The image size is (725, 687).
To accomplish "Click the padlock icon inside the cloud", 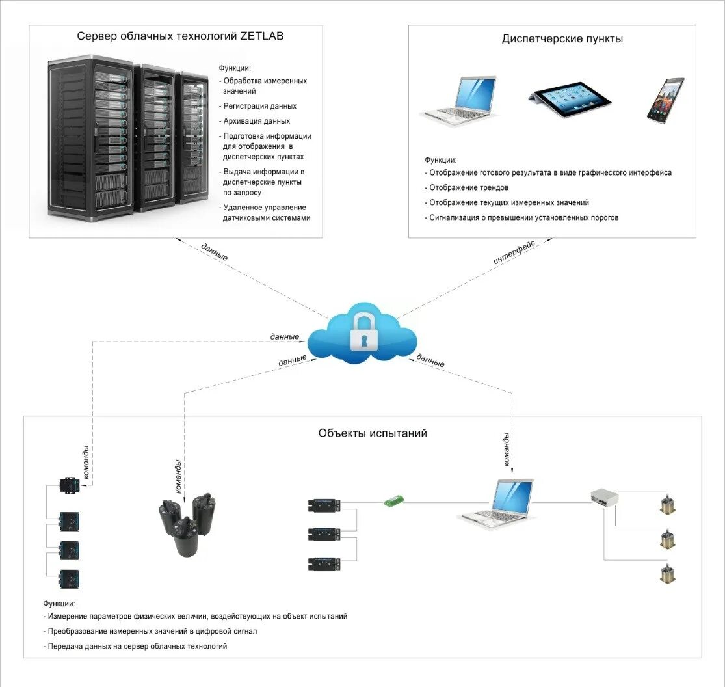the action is coord(364,332).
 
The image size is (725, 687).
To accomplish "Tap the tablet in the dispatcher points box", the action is coord(570,98).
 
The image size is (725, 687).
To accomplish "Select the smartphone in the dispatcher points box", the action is coord(665,100).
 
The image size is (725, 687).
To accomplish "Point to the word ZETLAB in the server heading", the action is coord(261,36).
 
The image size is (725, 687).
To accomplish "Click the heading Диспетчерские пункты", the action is coord(562,39).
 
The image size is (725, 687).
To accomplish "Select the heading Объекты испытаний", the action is coord(373,433).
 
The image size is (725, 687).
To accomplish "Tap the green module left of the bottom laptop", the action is coord(395,500).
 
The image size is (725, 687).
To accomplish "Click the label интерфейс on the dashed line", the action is coord(514,252).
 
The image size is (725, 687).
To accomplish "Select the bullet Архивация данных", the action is coord(254,121).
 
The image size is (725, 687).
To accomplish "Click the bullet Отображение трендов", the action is coord(466,188).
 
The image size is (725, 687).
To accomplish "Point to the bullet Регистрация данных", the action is coord(257,107).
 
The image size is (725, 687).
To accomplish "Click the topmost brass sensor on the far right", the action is coord(667,504).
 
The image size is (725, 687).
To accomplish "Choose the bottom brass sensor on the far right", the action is coord(667,574).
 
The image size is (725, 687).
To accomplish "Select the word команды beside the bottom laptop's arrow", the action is coord(507,449).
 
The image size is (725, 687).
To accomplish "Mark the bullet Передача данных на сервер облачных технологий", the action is coord(135,646).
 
